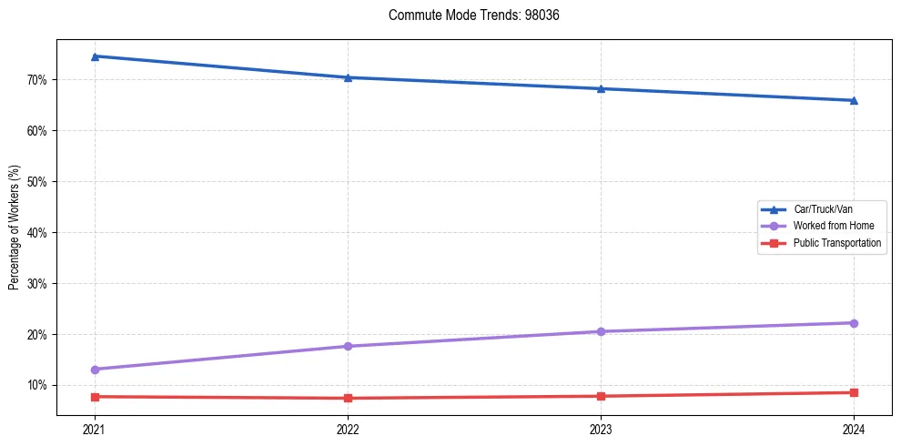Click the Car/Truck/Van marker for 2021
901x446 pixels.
(x=95, y=56)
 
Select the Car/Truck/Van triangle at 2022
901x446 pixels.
(x=348, y=77)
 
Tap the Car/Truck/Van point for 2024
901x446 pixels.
(x=854, y=100)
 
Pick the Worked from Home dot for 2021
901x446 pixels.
(x=95, y=370)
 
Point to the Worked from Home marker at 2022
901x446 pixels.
(x=348, y=346)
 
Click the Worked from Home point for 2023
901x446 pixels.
(x=601, y=331)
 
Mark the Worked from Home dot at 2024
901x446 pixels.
(x=854, y=323)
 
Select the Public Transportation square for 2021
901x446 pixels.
(x=95, y=397)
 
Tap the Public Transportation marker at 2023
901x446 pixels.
(x=601, y=396)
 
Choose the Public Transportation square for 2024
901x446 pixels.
(x=854, y=392)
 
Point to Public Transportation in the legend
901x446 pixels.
(x=836, y=243)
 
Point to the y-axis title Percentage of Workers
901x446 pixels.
(x=15, y=228)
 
